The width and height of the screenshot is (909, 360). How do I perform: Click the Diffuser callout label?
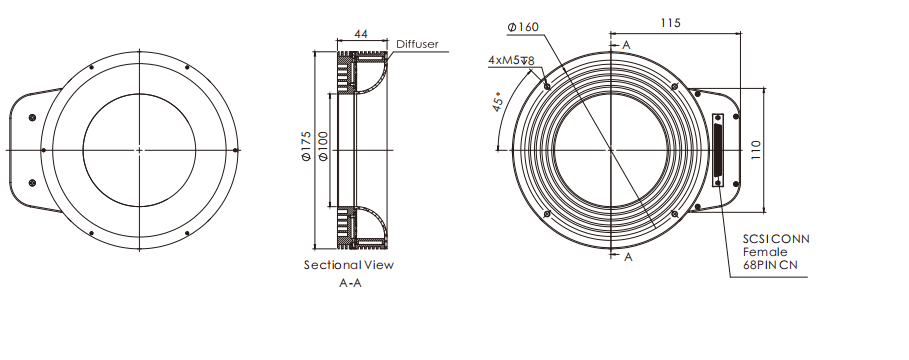tap(417, 44)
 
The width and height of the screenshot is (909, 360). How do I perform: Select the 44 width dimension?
tap(361, 34)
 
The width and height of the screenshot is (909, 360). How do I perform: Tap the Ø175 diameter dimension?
tap(306, 146)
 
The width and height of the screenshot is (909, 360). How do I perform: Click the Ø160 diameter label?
tap(523, 27)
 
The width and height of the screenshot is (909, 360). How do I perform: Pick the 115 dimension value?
tap(670, 23)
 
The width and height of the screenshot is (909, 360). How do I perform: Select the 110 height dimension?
tap(755, 150)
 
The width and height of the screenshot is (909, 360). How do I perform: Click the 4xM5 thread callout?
tap(511, 60)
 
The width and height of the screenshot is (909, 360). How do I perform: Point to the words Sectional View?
tap(349, 265)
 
